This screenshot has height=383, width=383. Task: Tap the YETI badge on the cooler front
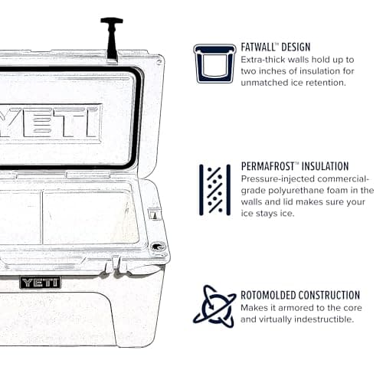tap(40, 282)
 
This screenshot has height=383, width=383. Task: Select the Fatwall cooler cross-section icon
tap(214, 63)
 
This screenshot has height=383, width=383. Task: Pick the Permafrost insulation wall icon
tap(214, 188)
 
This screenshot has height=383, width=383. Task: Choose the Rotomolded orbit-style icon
tap(214, 306)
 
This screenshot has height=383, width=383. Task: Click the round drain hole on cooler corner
tap(158, 247)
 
